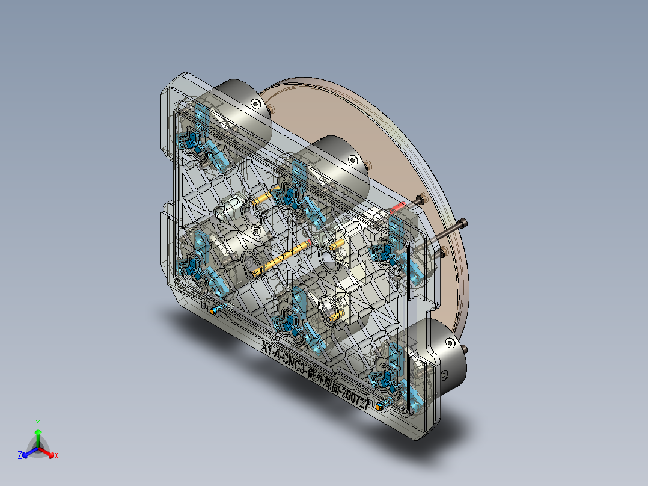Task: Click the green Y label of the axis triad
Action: coord(37,423)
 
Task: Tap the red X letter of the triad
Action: coord(56,456)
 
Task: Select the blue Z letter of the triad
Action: coord(20,456)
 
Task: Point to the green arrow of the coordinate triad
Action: coord(37,435)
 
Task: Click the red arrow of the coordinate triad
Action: coord(48,452)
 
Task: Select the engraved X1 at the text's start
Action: coord(268,348)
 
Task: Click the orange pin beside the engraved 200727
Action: coord(379,407)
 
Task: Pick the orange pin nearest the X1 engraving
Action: coord(213,311)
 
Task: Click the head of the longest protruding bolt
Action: coord(462,224)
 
